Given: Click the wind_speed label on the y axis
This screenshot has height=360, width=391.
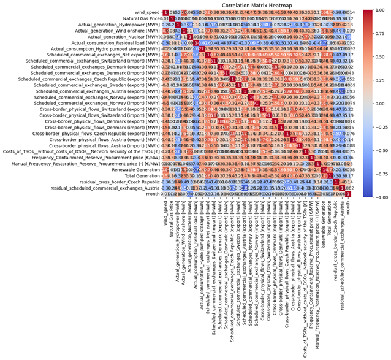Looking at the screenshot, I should coord(148,12).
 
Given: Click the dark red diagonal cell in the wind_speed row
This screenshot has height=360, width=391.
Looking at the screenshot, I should coord(165,12).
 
